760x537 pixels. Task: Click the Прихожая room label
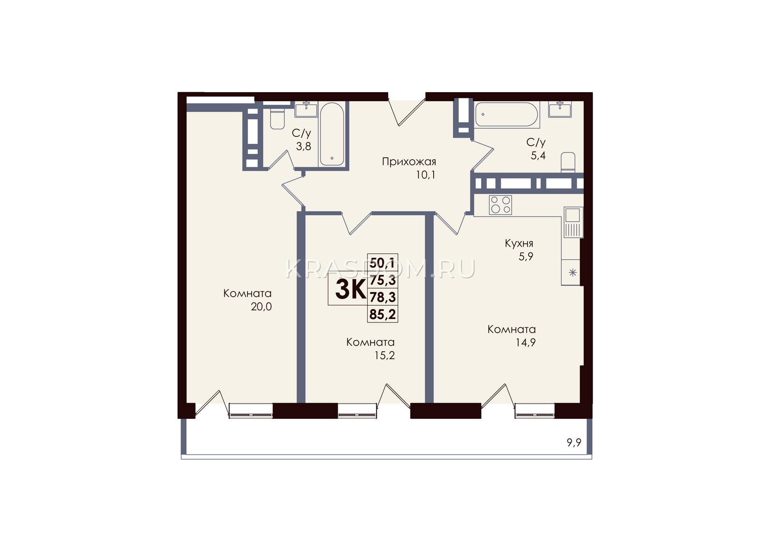point(409,162)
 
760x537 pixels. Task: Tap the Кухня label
point(519,243)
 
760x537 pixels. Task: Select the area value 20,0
point(261,307)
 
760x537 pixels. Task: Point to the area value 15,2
point(384,356)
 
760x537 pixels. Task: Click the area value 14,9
point(525,343)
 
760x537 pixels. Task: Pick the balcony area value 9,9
point(574,443)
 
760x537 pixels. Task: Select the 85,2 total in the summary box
point(383,314)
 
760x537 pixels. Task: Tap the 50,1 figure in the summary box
point(382,263)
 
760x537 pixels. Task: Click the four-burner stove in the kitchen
point(501,205)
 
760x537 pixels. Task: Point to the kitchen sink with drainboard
point(573,222)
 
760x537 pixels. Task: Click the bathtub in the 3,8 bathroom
point(332,134)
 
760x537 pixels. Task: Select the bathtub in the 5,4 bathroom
point(506,114)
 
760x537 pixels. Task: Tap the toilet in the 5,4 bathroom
point(568,162)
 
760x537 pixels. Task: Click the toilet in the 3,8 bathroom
point(277,118)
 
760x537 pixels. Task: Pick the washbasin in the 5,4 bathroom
point(560,109)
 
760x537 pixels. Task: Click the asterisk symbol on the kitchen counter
point(573,273)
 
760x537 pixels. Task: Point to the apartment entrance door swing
point(407,112)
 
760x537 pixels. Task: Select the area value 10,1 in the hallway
point(426,175)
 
